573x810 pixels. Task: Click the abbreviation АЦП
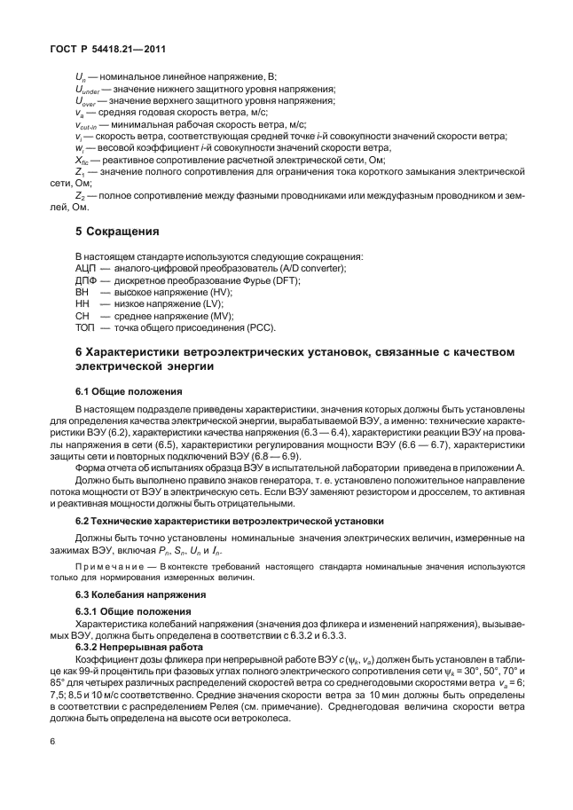(86, 268)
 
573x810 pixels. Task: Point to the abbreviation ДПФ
(86, 280)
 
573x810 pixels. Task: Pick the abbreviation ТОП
(86, 328)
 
